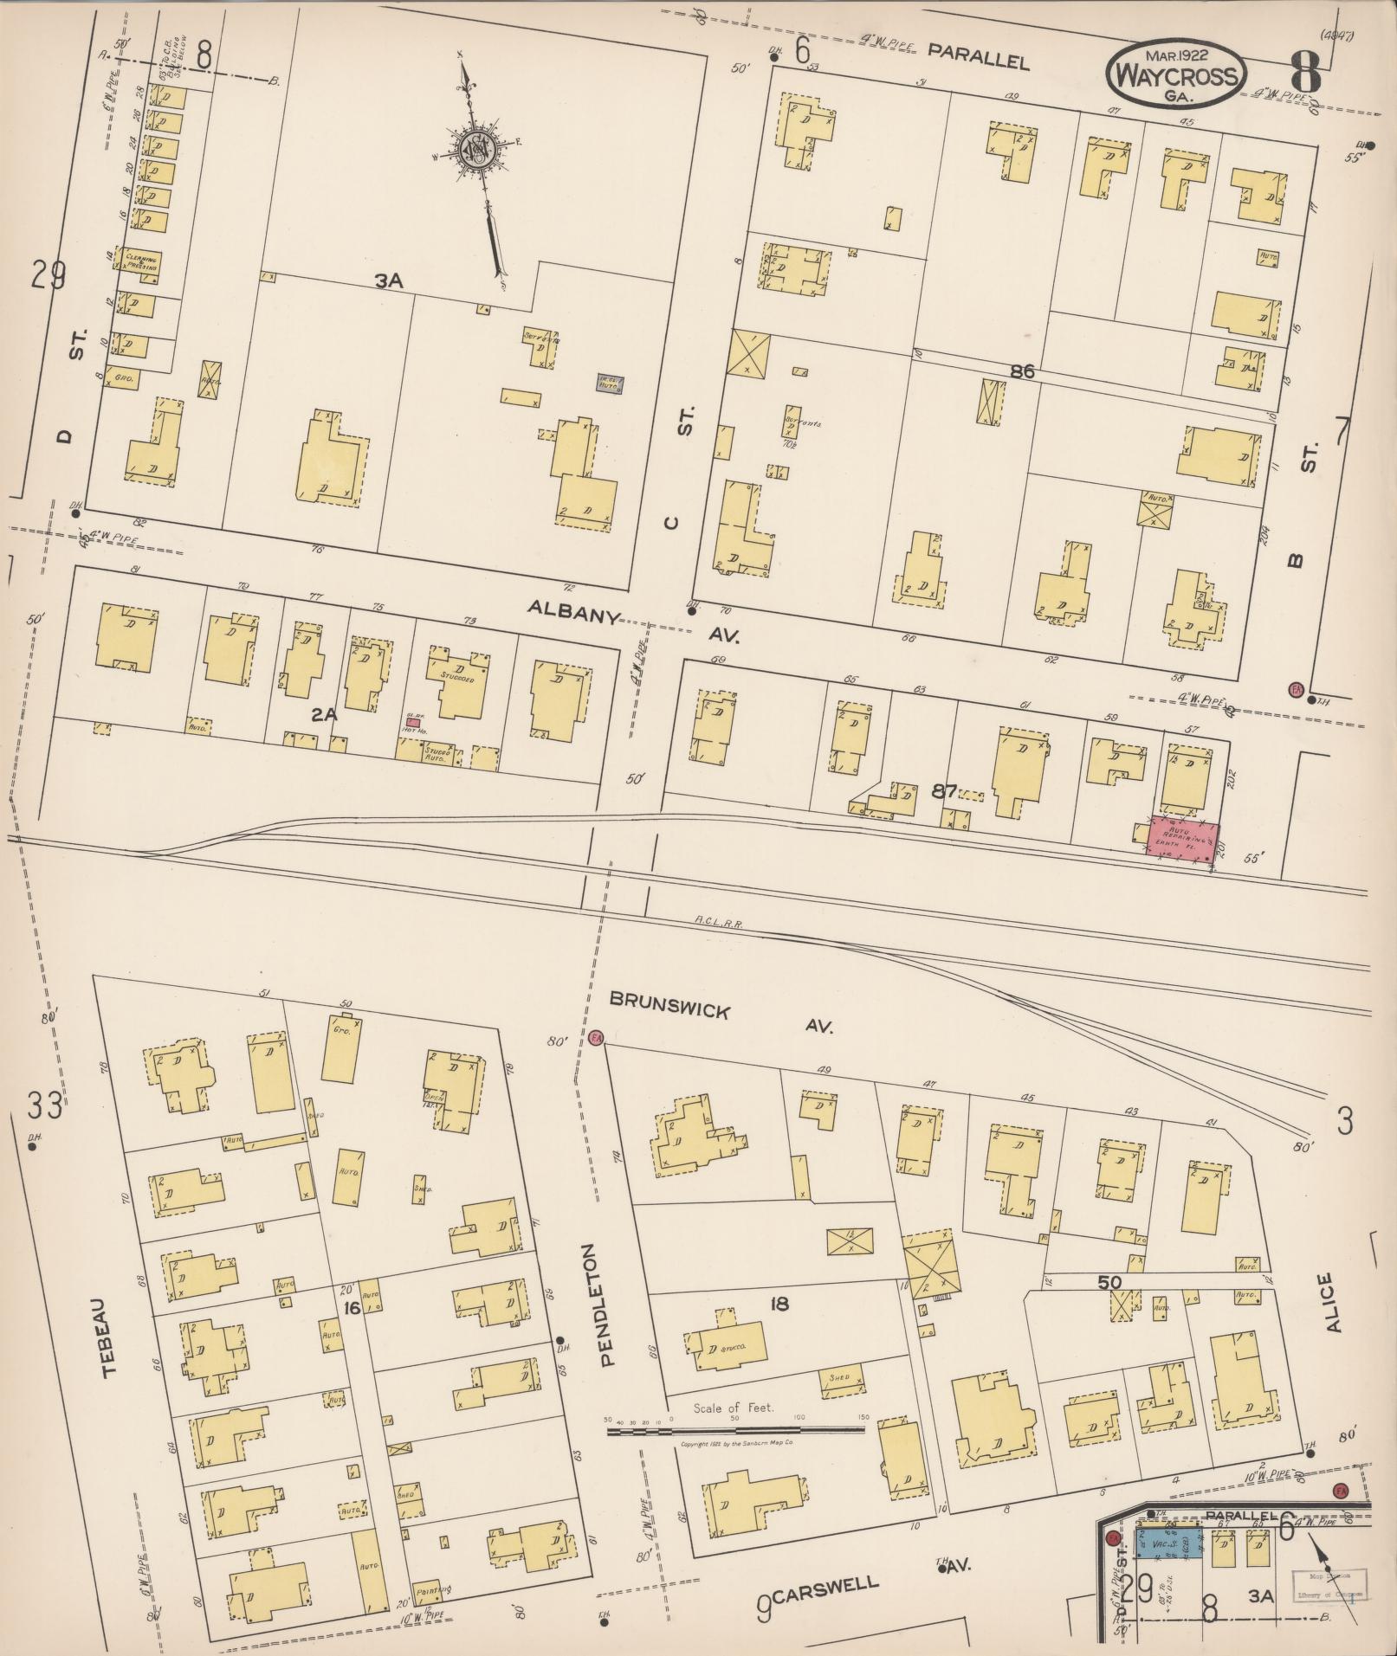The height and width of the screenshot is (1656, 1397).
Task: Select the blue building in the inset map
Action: point(1168,1543)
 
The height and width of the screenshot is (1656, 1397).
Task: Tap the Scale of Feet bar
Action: point(736,1424)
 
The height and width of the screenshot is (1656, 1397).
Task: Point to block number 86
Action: point(1021,371)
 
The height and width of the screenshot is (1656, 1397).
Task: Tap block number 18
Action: point(779,1303)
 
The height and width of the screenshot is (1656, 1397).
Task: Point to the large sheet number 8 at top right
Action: point(1303,71)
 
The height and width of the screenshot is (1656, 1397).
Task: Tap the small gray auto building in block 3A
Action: point(610,383)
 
